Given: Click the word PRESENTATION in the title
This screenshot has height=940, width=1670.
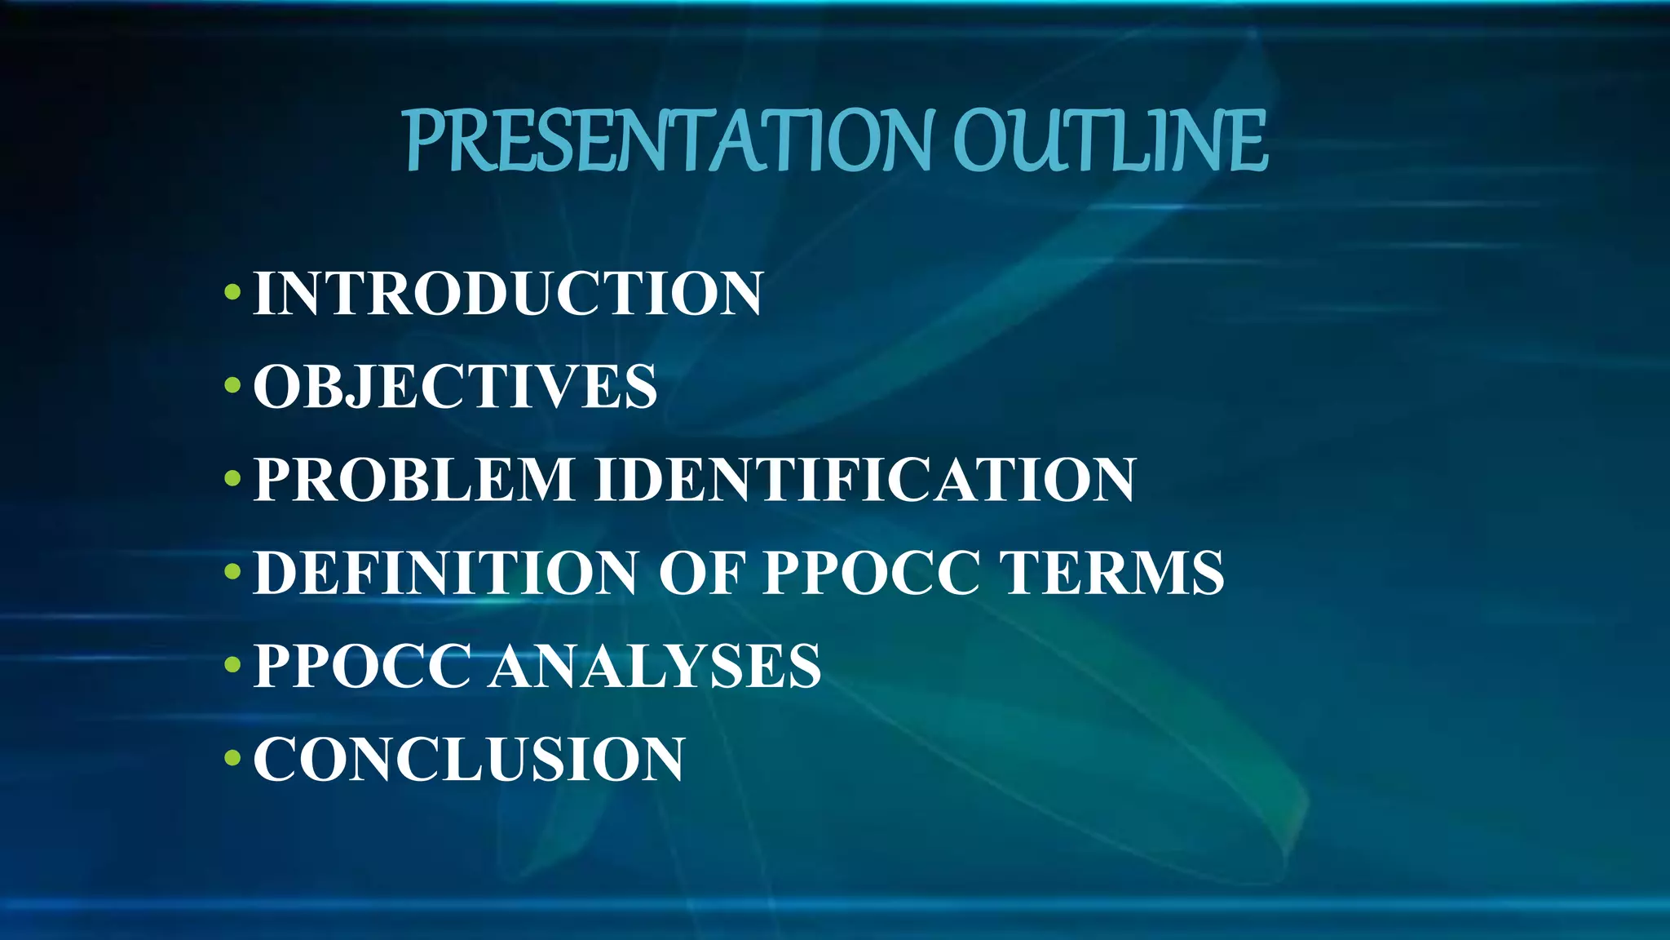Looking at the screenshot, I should [x=667, y=142].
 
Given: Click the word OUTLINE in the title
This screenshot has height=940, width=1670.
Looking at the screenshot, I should [x=1110, y=142].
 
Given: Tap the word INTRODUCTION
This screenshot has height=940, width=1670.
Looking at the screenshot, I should [x=508, y=293].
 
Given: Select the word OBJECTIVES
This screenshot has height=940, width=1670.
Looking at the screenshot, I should [x=455, y=386].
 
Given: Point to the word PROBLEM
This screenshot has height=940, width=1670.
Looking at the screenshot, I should [x=414, y=479].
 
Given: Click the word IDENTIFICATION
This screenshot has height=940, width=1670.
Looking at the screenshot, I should [x=865, y=479].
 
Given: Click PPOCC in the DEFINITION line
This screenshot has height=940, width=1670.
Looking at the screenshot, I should [x=871, y=573].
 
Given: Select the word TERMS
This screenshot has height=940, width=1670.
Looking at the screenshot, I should [x=1112, y=573].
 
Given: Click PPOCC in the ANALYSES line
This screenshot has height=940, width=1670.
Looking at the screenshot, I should [x=363, y=666].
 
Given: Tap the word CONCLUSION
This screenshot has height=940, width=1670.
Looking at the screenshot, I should [x=469, y=759].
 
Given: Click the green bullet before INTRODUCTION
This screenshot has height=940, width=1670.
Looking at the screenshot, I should [x=232, y=291].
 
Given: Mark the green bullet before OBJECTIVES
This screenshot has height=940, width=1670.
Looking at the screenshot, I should [x=232, y=384].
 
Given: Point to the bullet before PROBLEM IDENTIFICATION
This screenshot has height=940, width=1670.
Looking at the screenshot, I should [x=232, y=478].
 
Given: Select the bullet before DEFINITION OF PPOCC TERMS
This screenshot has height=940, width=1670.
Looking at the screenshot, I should [x=232, y=571].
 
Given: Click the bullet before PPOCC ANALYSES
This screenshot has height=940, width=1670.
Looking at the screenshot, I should [x=232, y=664].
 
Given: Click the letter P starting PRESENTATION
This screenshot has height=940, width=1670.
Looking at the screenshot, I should [x=424, y=142].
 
